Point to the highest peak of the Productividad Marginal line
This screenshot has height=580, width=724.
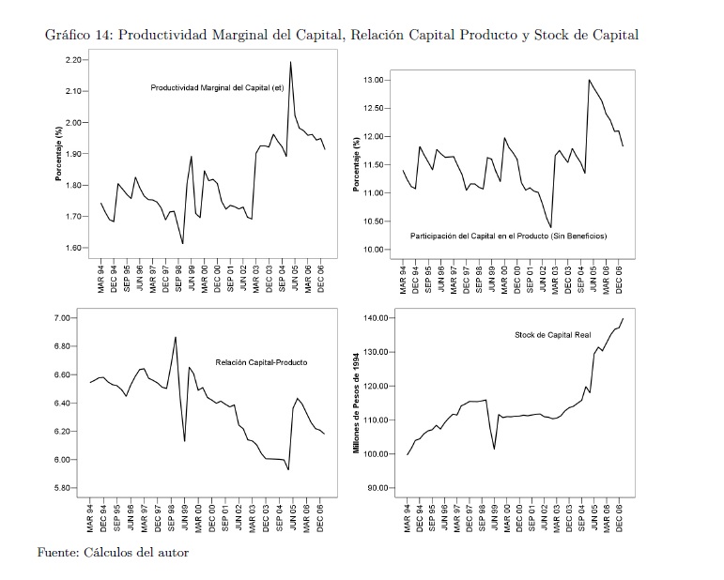(290, 62)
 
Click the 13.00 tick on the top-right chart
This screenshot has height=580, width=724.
(374, 81)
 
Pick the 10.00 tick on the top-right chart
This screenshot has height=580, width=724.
(374, 250)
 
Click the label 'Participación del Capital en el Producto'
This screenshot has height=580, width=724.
(508, 236)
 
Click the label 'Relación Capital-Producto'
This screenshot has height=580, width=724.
(261, 362)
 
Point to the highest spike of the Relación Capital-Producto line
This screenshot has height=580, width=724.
(176, 337)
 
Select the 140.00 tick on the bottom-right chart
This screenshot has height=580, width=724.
(376, 318)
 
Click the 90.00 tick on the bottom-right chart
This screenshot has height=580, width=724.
(377, 488)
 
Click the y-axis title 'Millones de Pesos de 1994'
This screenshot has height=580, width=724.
(357, 404)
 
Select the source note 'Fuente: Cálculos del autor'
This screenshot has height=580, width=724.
(113, 553)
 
